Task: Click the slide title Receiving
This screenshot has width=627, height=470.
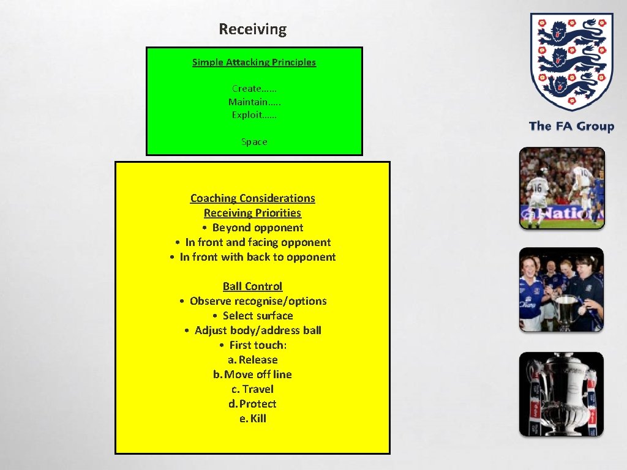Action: click(252, 29)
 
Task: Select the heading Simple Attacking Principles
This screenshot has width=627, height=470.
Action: click(254, 62)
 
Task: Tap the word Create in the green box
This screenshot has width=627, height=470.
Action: click(247, 88)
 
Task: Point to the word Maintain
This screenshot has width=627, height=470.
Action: click(248, 102)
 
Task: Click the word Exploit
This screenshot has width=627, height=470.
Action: click(247, 114)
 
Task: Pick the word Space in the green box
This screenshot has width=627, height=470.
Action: click(254, 141)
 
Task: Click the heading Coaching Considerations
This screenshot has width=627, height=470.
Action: click(252, 198)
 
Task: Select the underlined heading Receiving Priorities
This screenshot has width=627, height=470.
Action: click(252, 212)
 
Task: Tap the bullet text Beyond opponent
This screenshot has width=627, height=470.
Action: click(257, 227)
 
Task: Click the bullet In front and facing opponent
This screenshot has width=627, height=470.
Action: click(258, 242)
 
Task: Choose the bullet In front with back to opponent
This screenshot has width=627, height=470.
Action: click(257, 256)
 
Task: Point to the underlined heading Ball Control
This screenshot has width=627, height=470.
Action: click(252, 286)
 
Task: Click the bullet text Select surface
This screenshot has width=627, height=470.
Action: click(258, 315)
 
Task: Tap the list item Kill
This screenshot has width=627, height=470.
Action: click(258, 418)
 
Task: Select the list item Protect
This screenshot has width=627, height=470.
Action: click(258, 403)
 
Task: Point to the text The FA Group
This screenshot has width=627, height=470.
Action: click(571, 126)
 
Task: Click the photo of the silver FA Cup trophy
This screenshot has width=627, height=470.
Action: click(561, 394)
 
